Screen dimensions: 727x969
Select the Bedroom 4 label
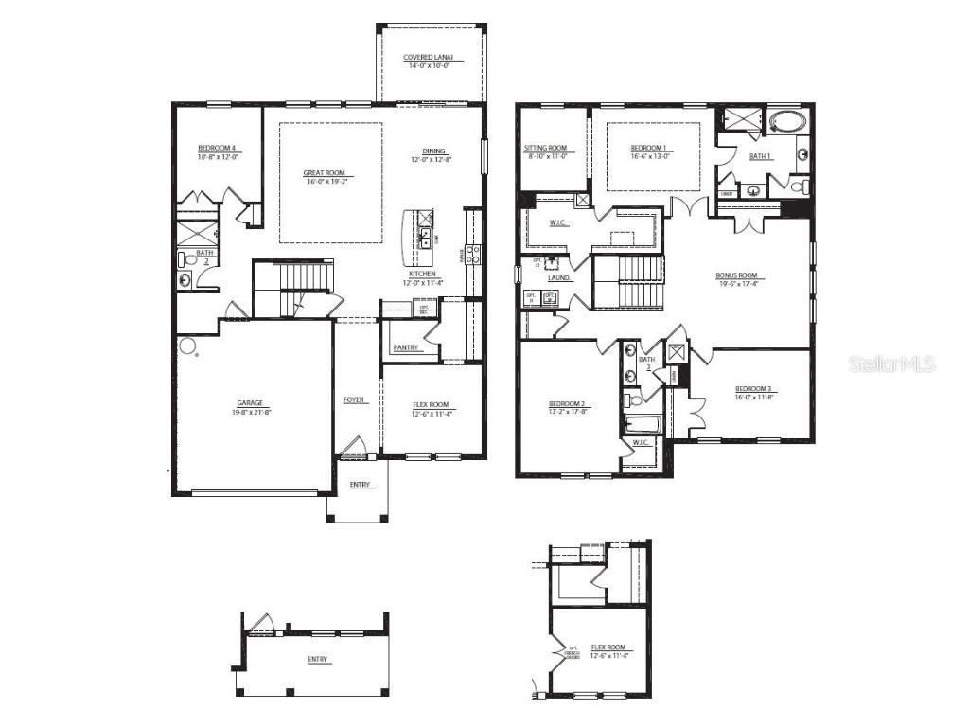pyautogui.click(x=217, y=147)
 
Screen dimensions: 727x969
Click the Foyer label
pyautogui.click(x=355, y=400)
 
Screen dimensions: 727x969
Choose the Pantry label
pyautogui.click(x=406, y=348)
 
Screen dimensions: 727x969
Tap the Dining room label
pyautogui.click(x=434, y=151)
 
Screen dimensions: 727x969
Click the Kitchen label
pyautogui.click(x=422, y=273)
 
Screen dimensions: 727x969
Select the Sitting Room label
pyautogui.click(x=545, y=148)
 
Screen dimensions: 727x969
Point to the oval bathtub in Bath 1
pyautogui.click(x=784, y=121)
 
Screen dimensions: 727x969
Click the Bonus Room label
pyautogui.click(x=736, y=275)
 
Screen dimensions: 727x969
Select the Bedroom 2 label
pyautogui.click(x=568, y=403)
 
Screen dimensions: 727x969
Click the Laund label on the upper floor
pyautogui.click(x=558, y=278)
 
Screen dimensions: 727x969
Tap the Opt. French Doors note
pyautogui.click(x=573, y=653)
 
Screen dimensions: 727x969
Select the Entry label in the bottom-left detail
pyautogui.click(x=319, y=660)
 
